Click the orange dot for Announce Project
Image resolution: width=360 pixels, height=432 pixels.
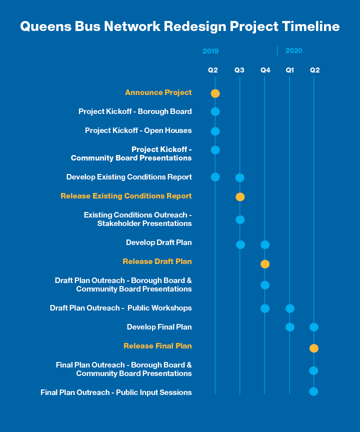[x=215, y=93]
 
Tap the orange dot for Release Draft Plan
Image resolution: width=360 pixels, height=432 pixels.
[x=265, y=264]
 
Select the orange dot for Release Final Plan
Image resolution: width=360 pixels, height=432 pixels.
[x=313, y=348]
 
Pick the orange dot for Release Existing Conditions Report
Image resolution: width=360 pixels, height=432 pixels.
[x=240, y=197]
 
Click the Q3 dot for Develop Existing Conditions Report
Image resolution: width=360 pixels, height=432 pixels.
[x=239, y=177]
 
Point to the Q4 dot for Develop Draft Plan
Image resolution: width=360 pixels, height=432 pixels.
[x=265, y=244]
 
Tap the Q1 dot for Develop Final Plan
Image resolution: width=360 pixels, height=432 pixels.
[x=290, y=327]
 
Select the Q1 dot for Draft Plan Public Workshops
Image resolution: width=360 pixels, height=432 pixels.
[x=290, y=308]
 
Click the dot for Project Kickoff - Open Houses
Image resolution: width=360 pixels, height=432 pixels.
[x=215, y=131]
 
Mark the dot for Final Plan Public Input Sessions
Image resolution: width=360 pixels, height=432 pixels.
[x=313, y=391]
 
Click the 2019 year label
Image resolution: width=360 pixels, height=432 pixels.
[x=210, y=51]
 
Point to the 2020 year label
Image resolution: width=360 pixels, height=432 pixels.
[x=294, y=51]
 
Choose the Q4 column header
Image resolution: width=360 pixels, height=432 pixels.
[x=265, y=70]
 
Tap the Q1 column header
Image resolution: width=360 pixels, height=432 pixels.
[x=290, y=70]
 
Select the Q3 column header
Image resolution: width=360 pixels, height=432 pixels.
[x=239, y=70]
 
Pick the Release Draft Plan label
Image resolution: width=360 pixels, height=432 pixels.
[x=157, y=261]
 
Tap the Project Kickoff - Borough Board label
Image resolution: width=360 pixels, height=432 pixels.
[x=135, y=111]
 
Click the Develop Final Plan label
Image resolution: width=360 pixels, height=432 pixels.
[x=159, y=327]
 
